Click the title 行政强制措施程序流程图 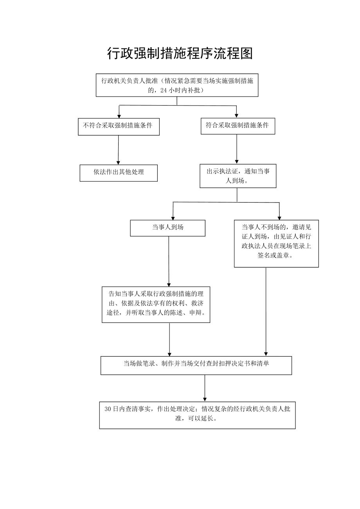pyautogui.click(x=180, y=54)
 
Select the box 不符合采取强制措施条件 pyautogui.click(x=119, y=127)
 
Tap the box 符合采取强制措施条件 pyautogui.click(x=238, y=126)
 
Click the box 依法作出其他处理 pyautogui.click(x=119, y=173)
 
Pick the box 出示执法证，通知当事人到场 pyautogui.click(x=238, y=176)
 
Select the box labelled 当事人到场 pyautogui.click(x=167, y=228)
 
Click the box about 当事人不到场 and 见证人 pyautogui.click(x=276, y=243)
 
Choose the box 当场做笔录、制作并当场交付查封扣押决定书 pyautogui.click(x=196, y=365)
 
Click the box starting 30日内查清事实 pyautogui.click(x=197, y=415)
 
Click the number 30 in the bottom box pyautogui.click(x=108, y=409)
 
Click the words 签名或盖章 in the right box pyautogui.click(x=276, y=256)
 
